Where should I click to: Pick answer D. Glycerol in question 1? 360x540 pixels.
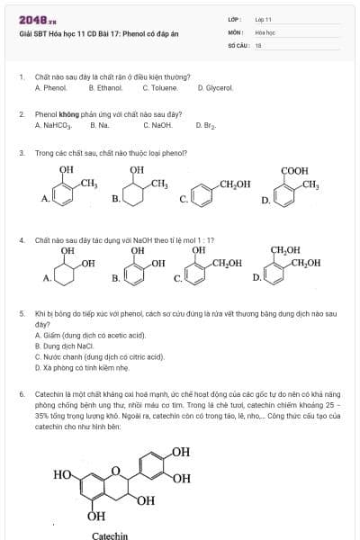(215, 88)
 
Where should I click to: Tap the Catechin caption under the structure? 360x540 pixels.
(109, 535)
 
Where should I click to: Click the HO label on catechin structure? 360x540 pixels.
(63, 472)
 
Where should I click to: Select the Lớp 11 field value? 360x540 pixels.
(263, 18)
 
